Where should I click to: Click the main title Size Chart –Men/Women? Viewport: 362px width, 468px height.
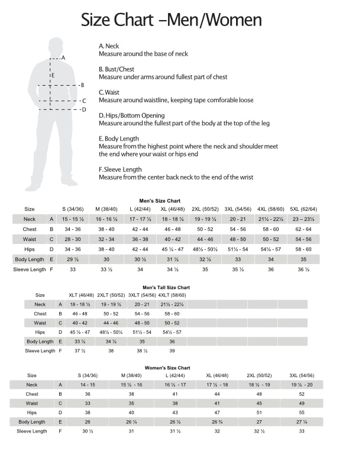(172, 20)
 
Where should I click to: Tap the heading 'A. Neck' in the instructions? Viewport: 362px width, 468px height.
(109, 46)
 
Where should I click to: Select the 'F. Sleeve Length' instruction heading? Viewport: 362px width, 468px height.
(120, 170)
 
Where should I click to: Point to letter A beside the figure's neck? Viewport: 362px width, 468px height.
(63, 57)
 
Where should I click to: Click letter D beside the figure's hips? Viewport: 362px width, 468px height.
(83, 109)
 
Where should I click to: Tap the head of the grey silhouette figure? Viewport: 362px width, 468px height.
(55, 46)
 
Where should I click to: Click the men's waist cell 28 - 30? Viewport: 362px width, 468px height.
(73, 239)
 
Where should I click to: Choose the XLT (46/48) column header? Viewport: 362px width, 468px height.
(81, 295)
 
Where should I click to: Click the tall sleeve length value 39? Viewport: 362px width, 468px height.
(172, 351)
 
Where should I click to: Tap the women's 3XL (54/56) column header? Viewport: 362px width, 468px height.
(302, 375)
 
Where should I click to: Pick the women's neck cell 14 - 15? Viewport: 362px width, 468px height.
(87, 385)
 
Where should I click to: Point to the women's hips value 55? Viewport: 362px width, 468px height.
(302, 412)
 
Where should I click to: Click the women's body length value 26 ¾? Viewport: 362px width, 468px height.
(217, 422)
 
